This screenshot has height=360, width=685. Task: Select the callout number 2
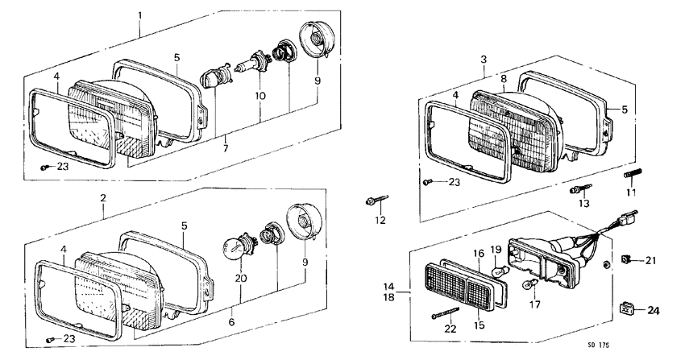(102, 197)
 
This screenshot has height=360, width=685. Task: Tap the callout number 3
(483, 60)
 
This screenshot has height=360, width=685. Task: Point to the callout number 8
(504, 79)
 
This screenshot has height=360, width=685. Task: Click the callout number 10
(259, 96)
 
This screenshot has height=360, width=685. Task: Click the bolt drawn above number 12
(379, 199)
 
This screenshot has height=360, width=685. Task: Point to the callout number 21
(651, 260)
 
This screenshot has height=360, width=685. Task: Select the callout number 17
(533, 304)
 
